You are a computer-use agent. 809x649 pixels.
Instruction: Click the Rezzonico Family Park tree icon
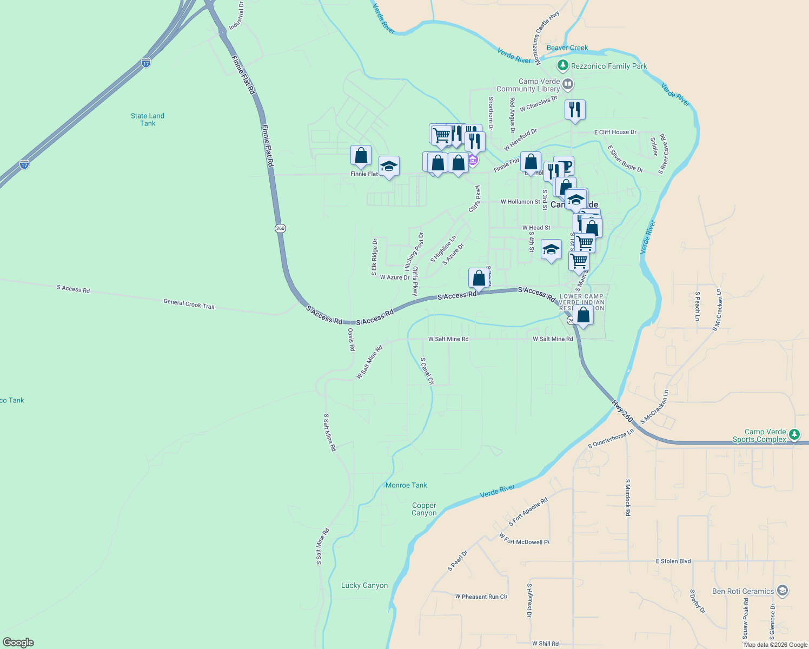tap(563, 66)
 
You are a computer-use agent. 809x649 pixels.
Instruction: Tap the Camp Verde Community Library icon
tap(567, 84)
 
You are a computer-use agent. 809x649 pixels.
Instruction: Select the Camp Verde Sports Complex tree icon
tap(794, 434)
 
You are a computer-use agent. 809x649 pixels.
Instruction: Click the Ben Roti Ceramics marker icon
tap(781, 590)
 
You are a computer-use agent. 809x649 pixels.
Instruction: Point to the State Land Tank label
tap(147, 120)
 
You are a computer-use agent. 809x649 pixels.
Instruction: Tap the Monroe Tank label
tap(406, 485)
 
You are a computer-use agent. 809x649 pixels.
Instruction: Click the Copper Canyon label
tap(424, 509)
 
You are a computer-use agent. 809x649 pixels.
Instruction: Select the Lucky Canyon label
tap(364, 585)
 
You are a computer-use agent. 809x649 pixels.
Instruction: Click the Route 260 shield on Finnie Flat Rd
tap(280, 228)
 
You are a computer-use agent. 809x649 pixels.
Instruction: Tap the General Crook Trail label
tap(189, 304)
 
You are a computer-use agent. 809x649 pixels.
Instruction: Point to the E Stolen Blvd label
tap(673, 561)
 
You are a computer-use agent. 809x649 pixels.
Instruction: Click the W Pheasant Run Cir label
tap(481, 597)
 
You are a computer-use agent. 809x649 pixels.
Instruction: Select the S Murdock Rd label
tap(627, 497)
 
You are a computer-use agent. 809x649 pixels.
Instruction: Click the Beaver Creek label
tap(567, 48)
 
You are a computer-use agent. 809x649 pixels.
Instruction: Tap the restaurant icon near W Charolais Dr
tap(575, 110)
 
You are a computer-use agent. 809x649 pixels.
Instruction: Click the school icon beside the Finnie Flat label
tap(389, 166)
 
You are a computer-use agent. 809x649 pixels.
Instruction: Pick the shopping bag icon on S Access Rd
tap(479, 278)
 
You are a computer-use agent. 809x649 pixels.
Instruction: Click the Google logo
tap(18, 643)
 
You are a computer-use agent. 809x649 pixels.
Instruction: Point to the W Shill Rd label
tap(545, 644)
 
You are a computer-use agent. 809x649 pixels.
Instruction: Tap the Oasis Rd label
tap(351, 340)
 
